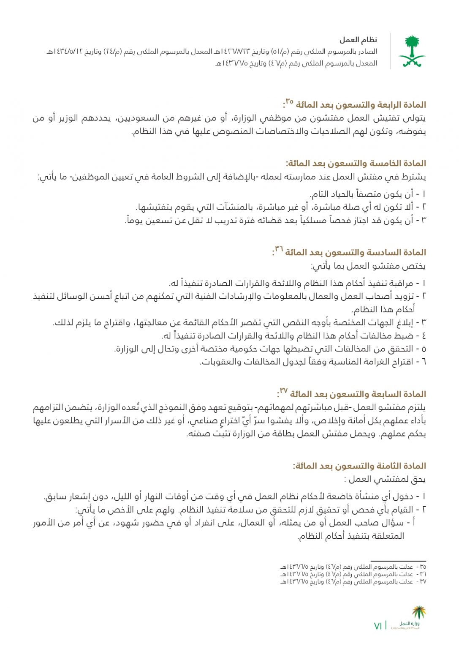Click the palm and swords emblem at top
[412, 52]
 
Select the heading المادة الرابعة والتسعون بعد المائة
[361, 105]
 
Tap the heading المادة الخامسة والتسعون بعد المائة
[356, 163]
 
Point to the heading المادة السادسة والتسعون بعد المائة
[356, 252]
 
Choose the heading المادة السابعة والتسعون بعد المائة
[358, 394]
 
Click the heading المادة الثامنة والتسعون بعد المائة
[359, 466]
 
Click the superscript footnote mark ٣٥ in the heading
[289, 101]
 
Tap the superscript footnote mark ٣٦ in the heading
[279, 249]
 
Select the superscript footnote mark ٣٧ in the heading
[283, 390]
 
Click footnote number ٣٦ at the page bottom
[423, 574]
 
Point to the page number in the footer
[378, 626]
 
